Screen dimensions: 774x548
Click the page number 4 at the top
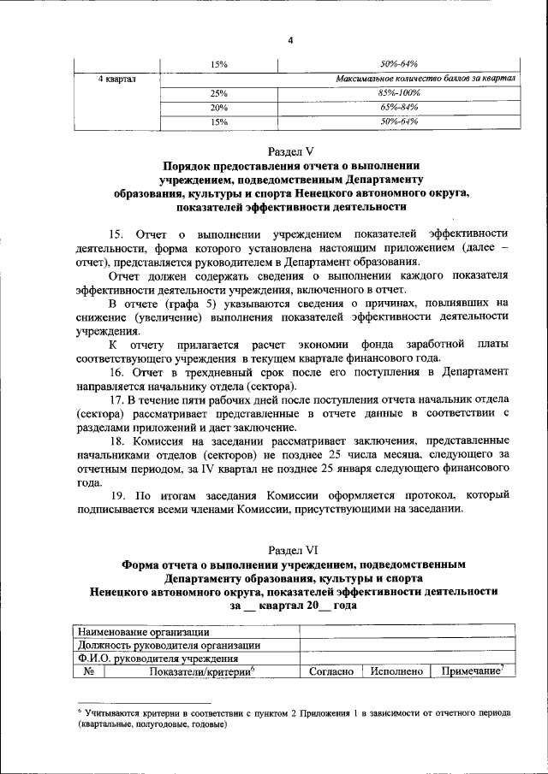pos(290,33)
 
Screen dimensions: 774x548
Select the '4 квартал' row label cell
pos(116,79)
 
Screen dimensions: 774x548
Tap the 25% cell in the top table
pos(218,93)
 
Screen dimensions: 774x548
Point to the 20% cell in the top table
pos(218,108)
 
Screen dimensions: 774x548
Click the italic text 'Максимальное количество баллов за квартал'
pos(426,79)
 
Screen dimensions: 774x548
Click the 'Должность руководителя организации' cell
pos(169,645)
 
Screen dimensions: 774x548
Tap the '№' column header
pos(88,672)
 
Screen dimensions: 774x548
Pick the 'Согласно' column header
pos(331,672)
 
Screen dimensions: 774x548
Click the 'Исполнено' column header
pos(396,672)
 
